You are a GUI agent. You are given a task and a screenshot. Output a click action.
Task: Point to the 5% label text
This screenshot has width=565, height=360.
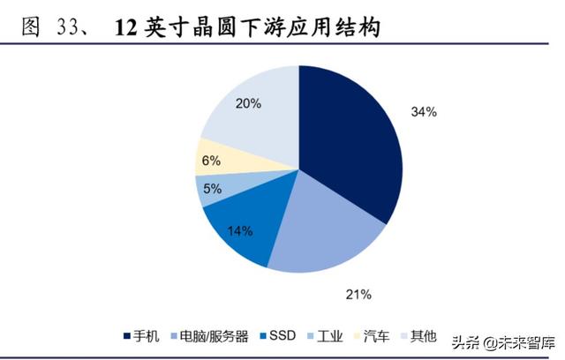pos(212,188)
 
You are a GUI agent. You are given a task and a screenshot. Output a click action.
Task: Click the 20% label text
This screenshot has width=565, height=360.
pos(248,103)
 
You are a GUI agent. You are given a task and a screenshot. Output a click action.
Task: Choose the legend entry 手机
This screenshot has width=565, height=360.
pos(140,336)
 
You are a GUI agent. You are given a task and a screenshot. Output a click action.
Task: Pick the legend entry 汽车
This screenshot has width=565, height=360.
pos(369,336)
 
